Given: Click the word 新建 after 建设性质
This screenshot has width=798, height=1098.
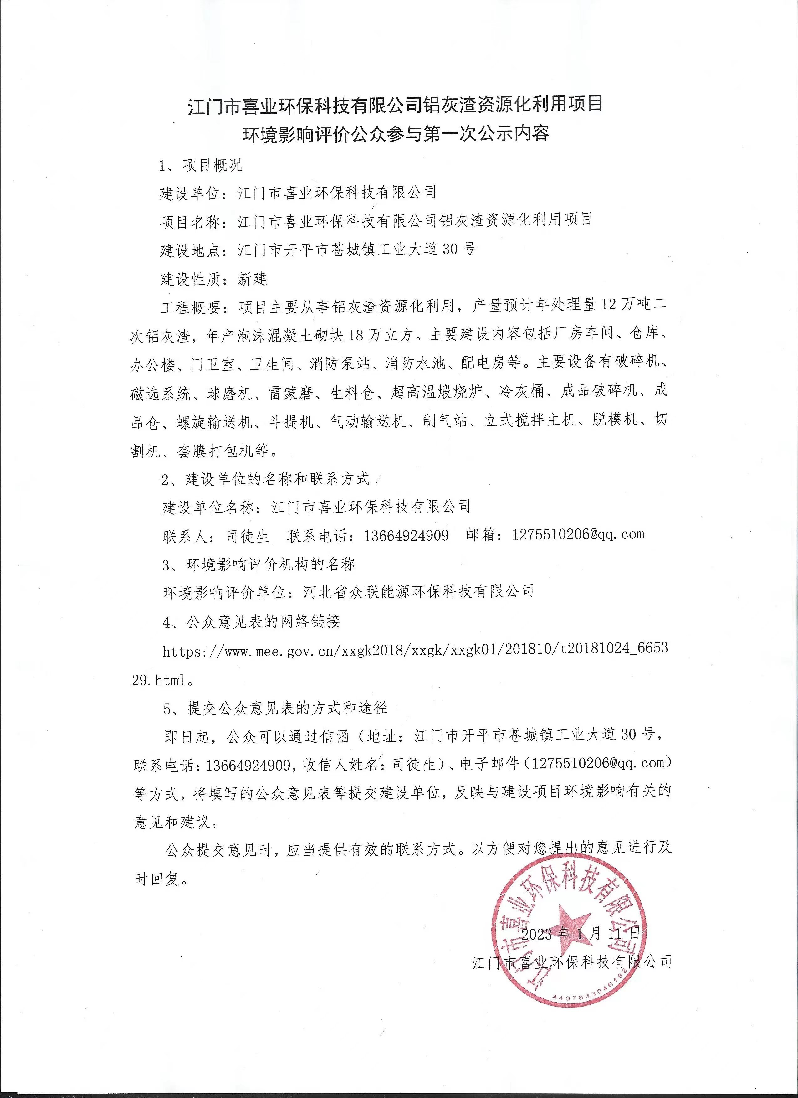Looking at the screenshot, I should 252,279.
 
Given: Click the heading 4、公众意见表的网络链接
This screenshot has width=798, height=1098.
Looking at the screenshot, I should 251,621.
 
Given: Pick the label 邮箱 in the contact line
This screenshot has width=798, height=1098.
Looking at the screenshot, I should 482,535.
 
